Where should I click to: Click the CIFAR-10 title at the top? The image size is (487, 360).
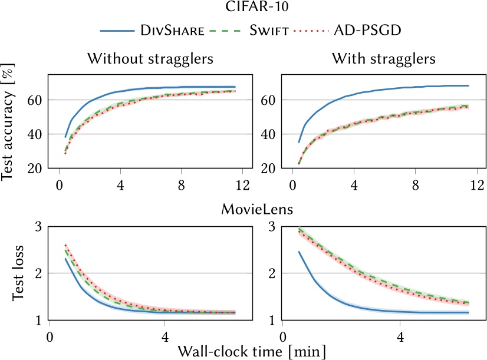pyautogui.click(x=243, y=8)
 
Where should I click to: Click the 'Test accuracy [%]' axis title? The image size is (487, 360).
pyautogui.click(x=10, y=122)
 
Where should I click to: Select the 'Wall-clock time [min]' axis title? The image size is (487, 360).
pyautogui.click(x=243, y=351)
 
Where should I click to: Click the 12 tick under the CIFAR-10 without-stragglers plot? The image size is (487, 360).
pyautogui.click(x=243, y=184)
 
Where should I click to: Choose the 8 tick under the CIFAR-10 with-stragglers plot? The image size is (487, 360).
pyautogui.click(x=415, y=184)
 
